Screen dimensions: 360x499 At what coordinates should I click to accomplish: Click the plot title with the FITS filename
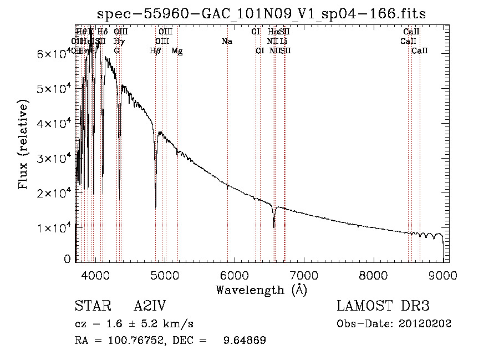click(262, 14)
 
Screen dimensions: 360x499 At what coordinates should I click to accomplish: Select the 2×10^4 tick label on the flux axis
click(53, 193)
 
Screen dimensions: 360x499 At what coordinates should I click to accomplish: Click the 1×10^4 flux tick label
click(53, 228)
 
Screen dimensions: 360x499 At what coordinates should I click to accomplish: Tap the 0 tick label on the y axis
click(67, 259)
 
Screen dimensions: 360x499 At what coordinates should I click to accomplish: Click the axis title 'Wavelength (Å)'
click(261, 290)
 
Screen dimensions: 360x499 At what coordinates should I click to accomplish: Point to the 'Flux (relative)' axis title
click(24, 144)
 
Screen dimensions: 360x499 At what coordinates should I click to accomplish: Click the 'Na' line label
click(226, 42)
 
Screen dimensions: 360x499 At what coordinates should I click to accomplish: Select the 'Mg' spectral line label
click(176, 51)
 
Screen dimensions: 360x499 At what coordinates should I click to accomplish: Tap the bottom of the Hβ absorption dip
click(155, 206)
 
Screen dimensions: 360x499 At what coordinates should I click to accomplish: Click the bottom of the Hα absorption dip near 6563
click(274, 227)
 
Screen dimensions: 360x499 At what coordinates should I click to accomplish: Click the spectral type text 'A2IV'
click(150, 306)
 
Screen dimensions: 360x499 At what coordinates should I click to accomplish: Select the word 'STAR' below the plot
click(91, 306)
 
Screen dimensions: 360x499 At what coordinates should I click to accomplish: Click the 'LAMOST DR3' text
click(383, 306)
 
